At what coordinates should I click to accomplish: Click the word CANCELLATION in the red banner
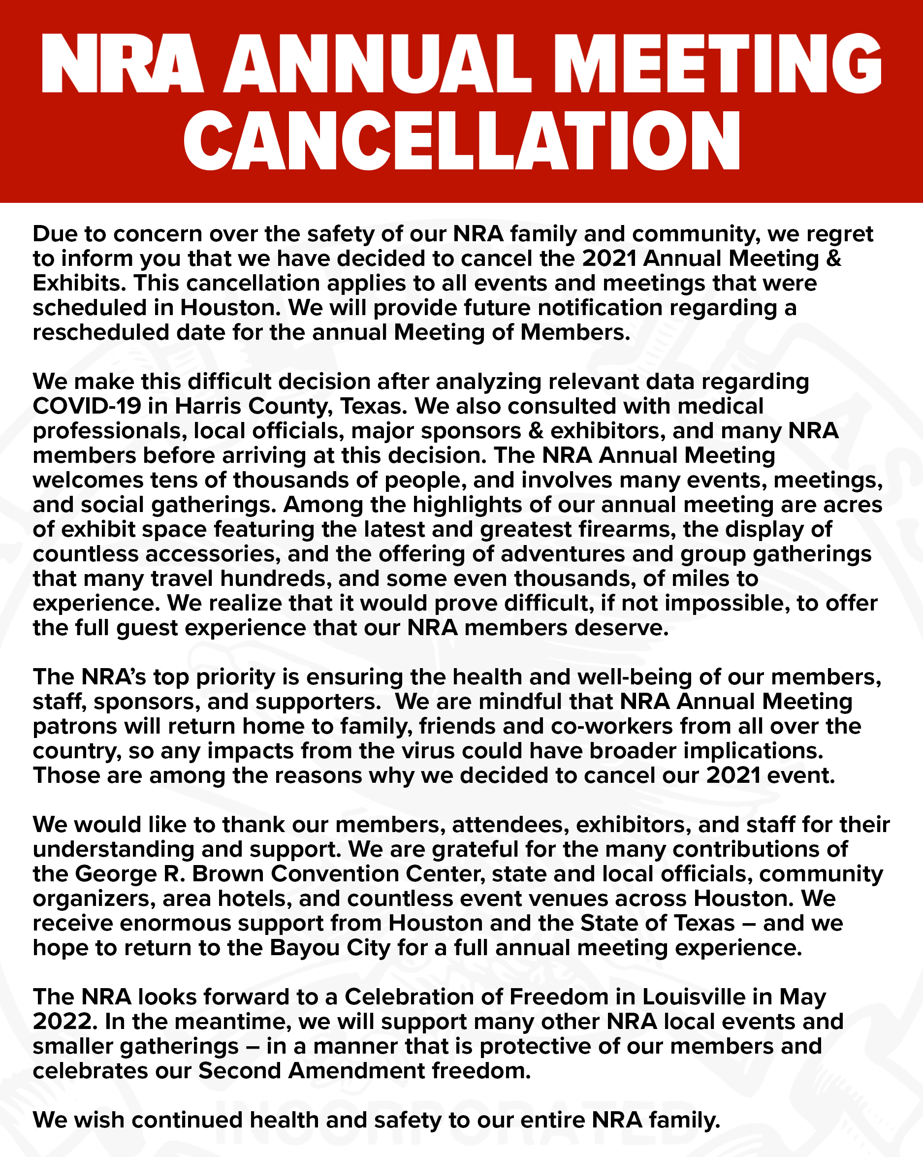pyautogui.click(x=462, y=141)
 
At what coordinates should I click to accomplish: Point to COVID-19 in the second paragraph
pyautogui.click(x=87, y=406)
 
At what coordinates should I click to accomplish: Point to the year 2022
pyautogui.click(x=65, y=1021)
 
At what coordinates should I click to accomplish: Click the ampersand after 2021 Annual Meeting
pyautogui.click(x=833, y=258)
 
